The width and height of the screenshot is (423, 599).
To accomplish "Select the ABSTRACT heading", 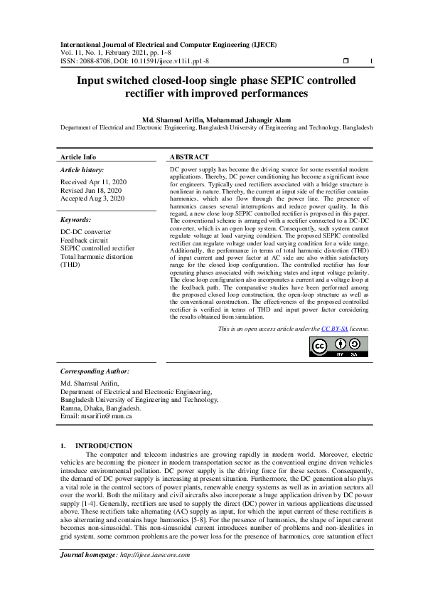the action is point(189,157).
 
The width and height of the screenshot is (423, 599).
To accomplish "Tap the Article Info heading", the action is point(78,157).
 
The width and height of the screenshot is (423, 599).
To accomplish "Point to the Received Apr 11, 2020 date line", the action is point(93,182).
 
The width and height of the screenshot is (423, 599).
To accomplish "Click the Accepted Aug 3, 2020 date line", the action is point(92,198).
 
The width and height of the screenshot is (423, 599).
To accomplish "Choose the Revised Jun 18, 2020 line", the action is point(91,191).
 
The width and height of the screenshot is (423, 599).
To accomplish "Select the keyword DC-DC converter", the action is point(86,232).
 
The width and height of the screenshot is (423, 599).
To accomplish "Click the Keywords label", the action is point(77,221).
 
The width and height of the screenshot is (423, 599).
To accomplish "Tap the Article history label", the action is point(82,170).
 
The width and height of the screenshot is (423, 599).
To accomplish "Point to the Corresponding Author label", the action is point(95,371).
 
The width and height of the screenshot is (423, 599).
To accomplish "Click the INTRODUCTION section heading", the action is point(104,445).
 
